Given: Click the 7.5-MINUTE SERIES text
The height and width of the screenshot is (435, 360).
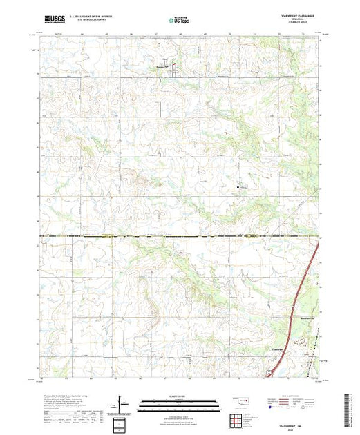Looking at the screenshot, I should (298, 26).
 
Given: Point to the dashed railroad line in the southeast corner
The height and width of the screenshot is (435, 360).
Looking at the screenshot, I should (307, 349).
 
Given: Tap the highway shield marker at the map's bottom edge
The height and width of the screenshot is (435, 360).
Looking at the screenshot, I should (269, 375).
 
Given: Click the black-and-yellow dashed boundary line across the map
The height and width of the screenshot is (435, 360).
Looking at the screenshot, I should (138, 236).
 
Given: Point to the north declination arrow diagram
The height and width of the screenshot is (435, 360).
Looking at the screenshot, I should (121, 403).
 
